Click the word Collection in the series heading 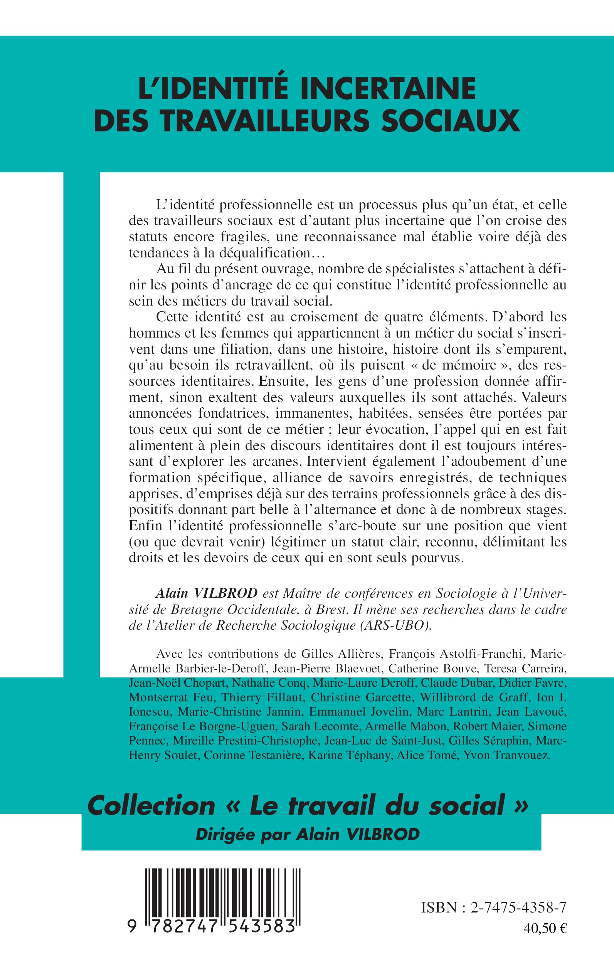(x=151, y=806)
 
